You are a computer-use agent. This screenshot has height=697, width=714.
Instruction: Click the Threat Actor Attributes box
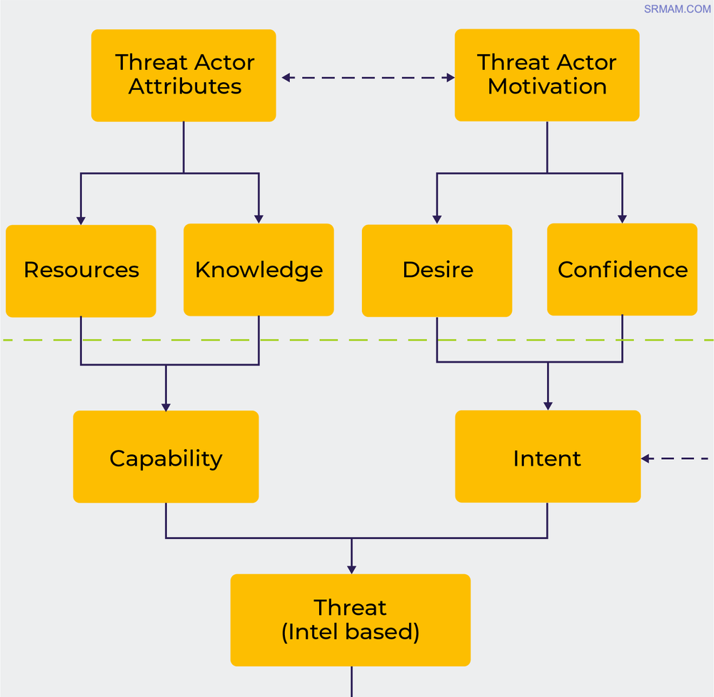click(x=183, y=75)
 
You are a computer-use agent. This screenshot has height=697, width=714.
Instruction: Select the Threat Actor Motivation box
click(x=547, y=75)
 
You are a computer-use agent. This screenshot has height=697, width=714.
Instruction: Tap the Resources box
click(x=81, y=271)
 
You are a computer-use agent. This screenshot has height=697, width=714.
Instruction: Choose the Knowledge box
click(x=258, y=270)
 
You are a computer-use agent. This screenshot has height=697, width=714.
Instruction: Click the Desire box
click(x=437, y=271)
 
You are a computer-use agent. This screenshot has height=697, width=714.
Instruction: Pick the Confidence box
click(x=622, y=269)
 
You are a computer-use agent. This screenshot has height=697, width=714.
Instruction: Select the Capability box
click(x=166, y=457)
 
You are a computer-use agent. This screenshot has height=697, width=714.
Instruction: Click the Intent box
click(x=548, y=457)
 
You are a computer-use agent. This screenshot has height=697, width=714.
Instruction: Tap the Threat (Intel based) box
click(x=351, y=620)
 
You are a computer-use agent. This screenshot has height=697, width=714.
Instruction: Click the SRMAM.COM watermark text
click(x=677, y=9)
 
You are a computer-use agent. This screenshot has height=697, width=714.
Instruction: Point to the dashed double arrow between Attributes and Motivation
click(x=368, y=77)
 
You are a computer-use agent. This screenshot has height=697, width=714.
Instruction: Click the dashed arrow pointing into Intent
click(x=675, y=458)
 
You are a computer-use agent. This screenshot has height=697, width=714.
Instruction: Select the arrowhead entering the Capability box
click(x=166, y=406)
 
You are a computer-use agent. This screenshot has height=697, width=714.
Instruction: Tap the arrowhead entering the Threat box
click(x=351, y=569)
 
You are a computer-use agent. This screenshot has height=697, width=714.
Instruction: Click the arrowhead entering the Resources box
click(x=81, y=221)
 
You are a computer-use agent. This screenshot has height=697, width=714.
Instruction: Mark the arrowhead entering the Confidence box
click(x=622, y=219)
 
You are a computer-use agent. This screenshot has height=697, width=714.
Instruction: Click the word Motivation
click(x=547, y=87)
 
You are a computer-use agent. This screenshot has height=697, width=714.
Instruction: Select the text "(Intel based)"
click(x=351, y=632)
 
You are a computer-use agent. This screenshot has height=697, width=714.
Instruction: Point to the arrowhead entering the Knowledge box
click(x=258, y=219)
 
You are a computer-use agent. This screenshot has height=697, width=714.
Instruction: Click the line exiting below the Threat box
click(x=351, y=681)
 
